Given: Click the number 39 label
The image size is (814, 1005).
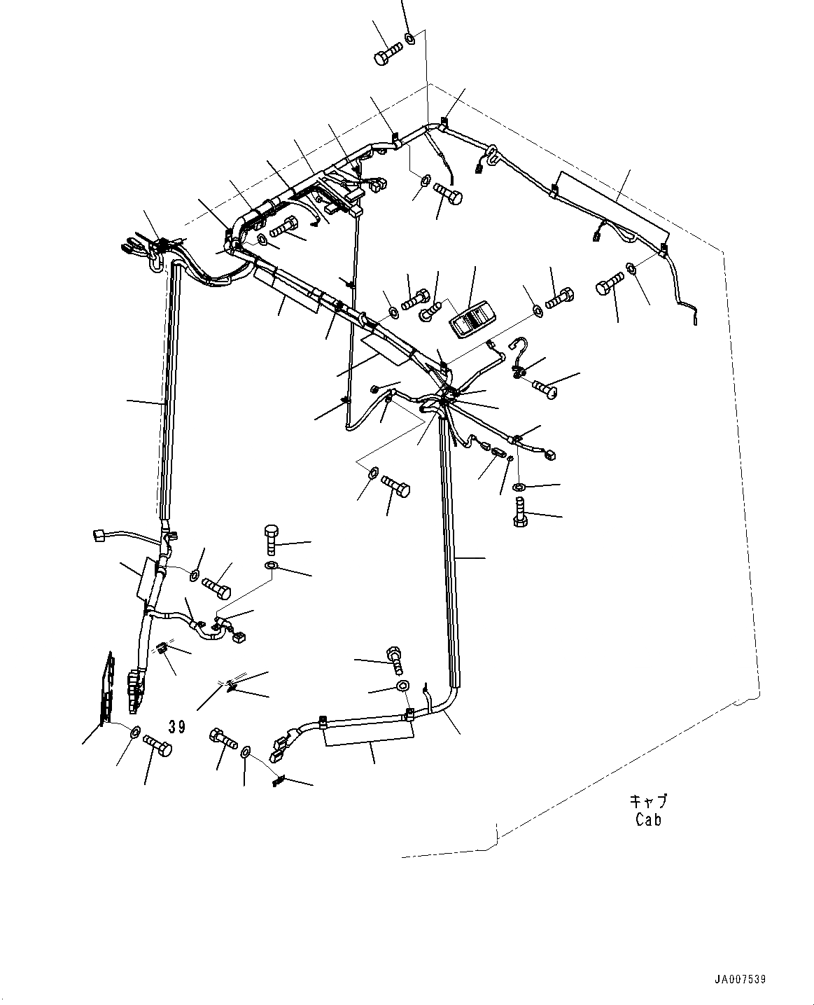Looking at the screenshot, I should click(177, 727).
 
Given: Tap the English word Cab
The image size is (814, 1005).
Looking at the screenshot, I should click(648, 819).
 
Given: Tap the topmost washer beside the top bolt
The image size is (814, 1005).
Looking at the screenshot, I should click(412, 38).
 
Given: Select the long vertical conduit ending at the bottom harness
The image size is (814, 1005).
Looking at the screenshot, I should click(448, 546).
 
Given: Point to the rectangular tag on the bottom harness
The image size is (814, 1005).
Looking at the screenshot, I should click(369, 736).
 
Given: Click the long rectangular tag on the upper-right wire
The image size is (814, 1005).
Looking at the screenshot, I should click(612, 202).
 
